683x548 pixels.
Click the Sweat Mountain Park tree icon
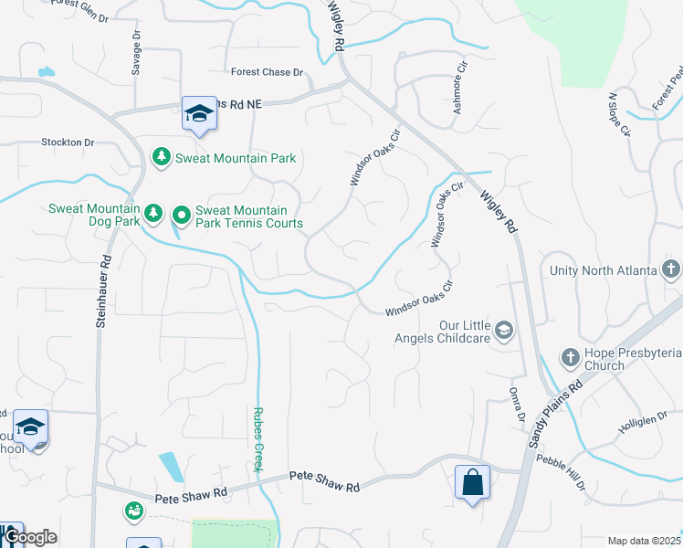click(x=162, y=158)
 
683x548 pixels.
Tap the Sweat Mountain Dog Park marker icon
click(x=154, y=214)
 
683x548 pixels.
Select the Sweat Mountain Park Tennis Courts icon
click(x=182, y=216)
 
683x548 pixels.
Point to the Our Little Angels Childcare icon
click(x=503, y=332)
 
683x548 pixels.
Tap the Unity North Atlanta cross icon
click(x=671, y=270)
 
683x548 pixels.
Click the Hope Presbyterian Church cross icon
click(x=570, y=357)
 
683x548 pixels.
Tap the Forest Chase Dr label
click(x=267, y=72)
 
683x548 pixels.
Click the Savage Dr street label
click(x=136, y=54)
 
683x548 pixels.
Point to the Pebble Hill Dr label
click(x=562, y=472)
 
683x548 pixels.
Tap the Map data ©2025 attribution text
click(x=643, y=541)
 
